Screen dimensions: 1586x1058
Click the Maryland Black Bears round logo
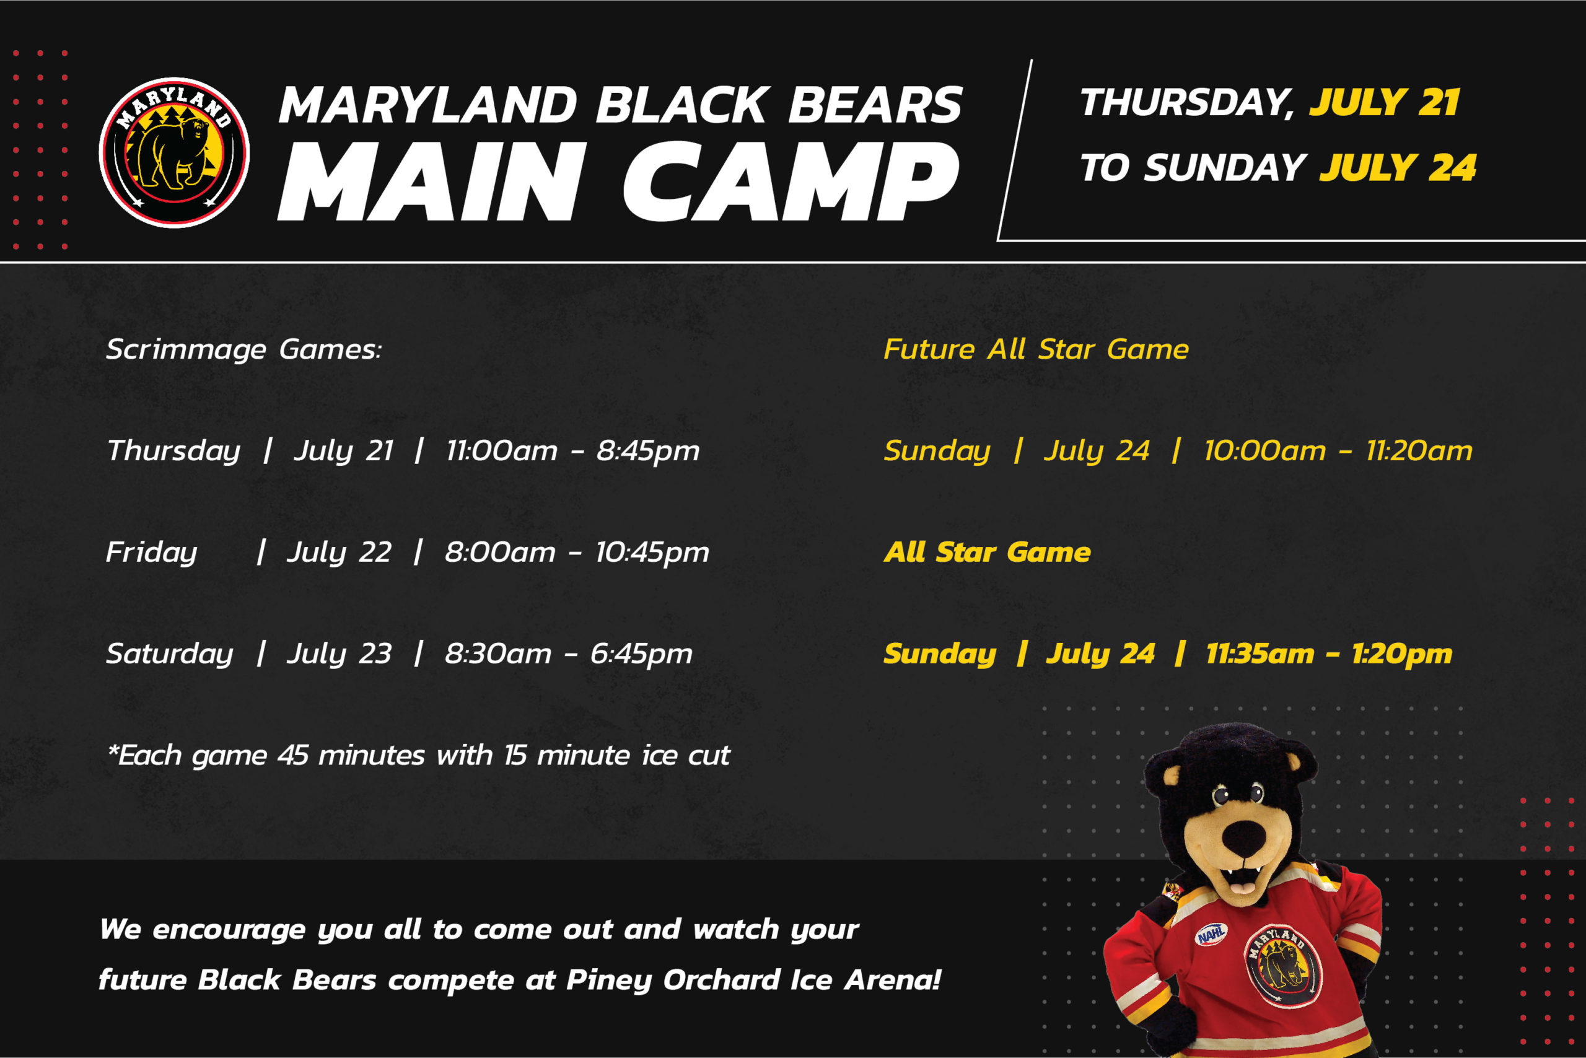[174, 152]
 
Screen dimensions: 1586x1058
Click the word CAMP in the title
[791, 181]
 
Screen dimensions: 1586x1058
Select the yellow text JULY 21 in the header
[1385, 103]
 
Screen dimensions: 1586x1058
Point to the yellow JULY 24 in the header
[1398, 167]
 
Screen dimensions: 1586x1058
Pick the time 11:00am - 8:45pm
[572, 451]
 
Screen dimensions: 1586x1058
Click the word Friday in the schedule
[152, 553]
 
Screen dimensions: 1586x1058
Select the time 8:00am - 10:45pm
[576, 553]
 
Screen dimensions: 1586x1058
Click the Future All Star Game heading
[1036, 349]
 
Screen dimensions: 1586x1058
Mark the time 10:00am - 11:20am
[1338, 451]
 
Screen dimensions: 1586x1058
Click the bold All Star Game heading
[988, 552]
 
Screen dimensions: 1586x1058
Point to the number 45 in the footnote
[293, 755]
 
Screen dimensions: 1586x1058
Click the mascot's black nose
[1244, 837]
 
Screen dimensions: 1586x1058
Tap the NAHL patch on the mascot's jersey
[1211, 934]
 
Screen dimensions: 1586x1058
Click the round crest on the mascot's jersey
[1282, 966]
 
